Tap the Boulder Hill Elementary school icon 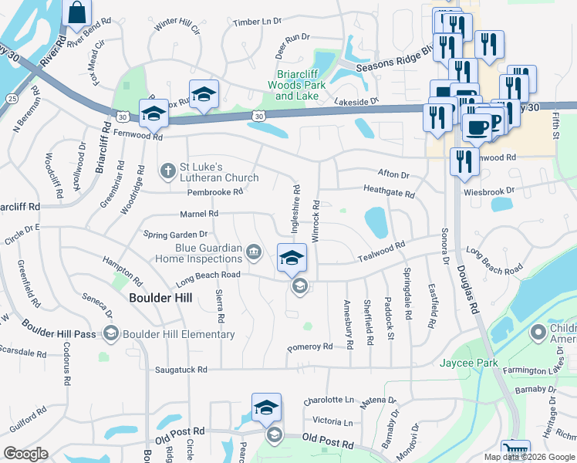(x=110, y=333)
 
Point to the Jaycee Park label (x=468, y=363)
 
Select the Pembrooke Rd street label (x=215, y=191)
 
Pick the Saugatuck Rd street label (x=181, y=370)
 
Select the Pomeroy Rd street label (x=309, y=347)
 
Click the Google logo (x=25, y=454)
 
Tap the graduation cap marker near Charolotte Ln (x=266, y=407)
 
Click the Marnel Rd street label (x=199, y=214)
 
